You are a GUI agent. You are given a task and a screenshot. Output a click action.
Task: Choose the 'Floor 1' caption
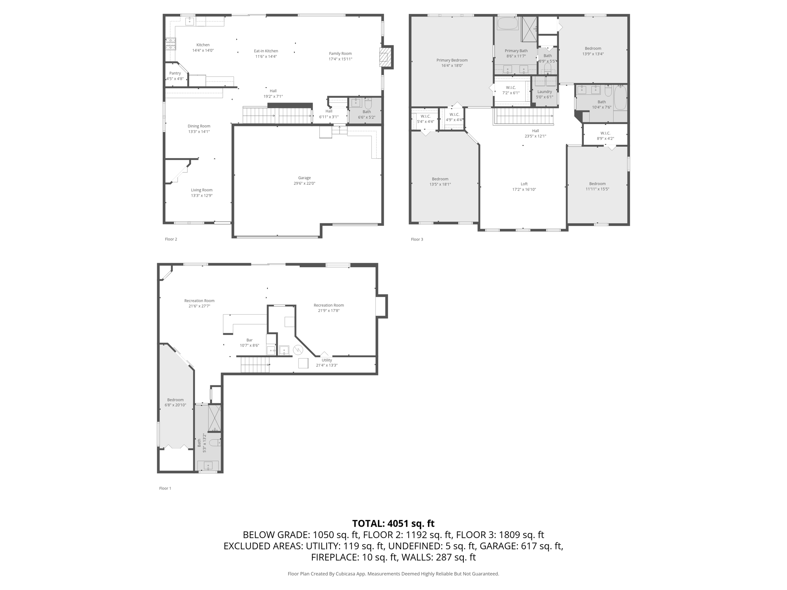click(165, 488)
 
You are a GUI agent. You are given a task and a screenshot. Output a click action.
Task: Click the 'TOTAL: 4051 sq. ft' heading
click(393, 524)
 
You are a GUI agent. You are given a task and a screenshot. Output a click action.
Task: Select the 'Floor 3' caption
click(417, 239)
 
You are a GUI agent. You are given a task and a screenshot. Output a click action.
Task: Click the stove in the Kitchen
click(171, 44)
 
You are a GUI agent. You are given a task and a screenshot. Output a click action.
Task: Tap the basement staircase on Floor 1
click(255, 365)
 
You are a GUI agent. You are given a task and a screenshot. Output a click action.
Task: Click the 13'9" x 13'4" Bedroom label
click(593, 51)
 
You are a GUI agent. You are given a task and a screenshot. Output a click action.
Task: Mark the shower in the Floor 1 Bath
click(214, 418)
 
